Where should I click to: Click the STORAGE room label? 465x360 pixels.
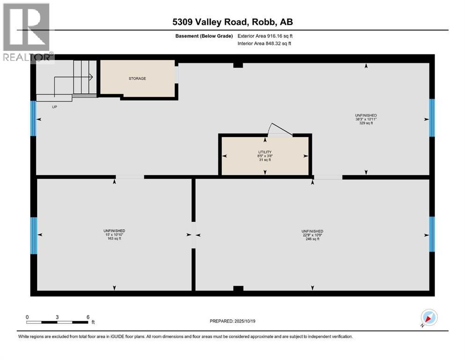[137, 78]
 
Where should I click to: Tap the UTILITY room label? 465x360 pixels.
[265, 151]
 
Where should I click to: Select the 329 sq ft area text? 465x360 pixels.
[366, 123]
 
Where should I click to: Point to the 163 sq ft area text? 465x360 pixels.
[114, 239]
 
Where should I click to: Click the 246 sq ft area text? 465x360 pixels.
[312, 239]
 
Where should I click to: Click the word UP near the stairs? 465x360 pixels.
[55, 106]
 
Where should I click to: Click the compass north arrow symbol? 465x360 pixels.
[428, 318]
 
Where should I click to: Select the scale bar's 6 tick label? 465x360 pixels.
[88, 317]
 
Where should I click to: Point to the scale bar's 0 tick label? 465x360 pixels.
[27, 317]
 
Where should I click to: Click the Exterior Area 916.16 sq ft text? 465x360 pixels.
[265, 36]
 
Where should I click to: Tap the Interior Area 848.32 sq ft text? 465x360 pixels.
[265, 44]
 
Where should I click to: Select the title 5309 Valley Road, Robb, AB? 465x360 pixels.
[232, 22]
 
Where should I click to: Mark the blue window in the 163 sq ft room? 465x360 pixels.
[33, 235]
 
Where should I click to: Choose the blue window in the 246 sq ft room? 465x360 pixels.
[432, 234]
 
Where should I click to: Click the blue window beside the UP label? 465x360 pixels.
[33, 118]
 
